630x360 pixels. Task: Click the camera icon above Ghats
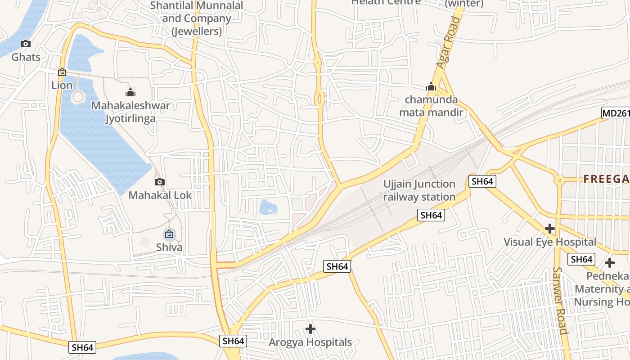tap(26, 44)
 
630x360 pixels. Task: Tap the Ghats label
tap(26, 57)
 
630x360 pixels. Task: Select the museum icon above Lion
tap(62, 72)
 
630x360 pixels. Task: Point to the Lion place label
tap(62, 85)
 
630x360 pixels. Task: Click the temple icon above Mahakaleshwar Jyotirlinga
tap(130, 93)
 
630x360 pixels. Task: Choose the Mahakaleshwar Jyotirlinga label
tap(130, 112)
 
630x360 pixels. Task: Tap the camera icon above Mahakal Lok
tap(160, 182)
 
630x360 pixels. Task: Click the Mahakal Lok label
tap(160, 195)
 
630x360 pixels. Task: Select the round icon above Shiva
tap(169, 234)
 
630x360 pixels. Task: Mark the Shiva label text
tap(169, 247)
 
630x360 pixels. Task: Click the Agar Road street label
tap(449, 43)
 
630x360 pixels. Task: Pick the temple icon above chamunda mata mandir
tap(431, 86)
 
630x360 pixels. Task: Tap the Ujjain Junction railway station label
tap(419, 190)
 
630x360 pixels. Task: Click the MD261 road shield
tap(616, 113)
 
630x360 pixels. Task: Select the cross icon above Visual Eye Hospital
tap(549, 229)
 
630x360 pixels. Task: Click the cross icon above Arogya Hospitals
tap(310, 329)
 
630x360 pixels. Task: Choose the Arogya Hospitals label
tap(310, 342)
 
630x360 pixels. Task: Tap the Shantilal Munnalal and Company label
tap(196, 18)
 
